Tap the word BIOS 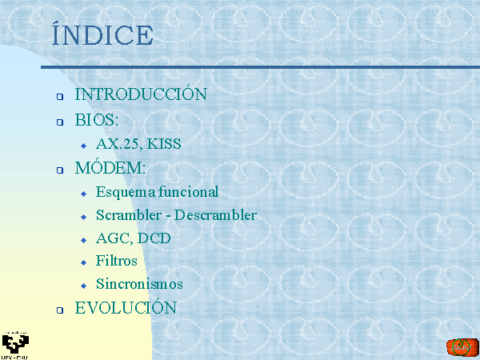pos(94,120)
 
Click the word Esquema pos(126,193)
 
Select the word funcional pos(188,192)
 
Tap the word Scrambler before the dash pos(129,215)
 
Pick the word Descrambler pos(215,215)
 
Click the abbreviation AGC pos(114,238)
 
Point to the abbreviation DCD pos(154,238)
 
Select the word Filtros pos(117,261)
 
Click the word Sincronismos pos(139,284)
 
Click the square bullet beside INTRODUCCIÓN pos(60,97)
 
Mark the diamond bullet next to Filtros pos(84,262)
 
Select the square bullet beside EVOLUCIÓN pos(60,310)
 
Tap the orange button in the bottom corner pos(462,348)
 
